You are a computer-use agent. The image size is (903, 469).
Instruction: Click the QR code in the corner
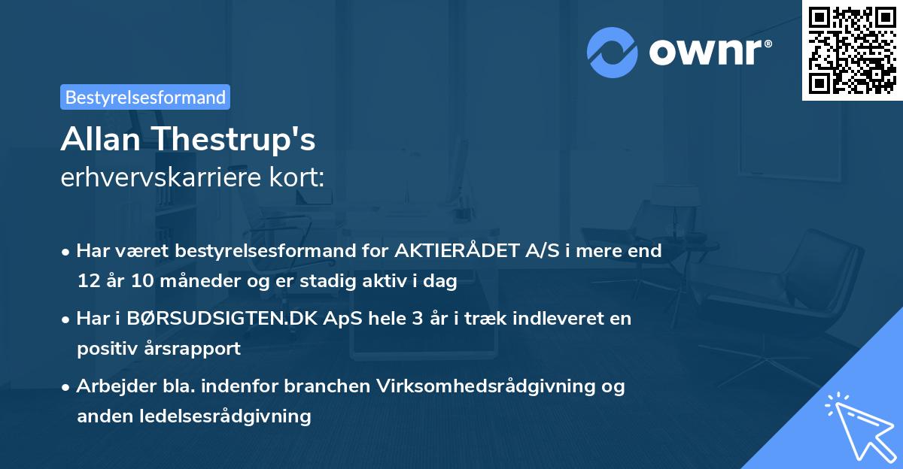852,50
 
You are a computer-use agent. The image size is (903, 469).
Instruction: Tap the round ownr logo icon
613,52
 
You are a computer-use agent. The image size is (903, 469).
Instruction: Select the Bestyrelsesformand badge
145,97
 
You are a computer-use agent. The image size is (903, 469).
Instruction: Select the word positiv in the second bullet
104,348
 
